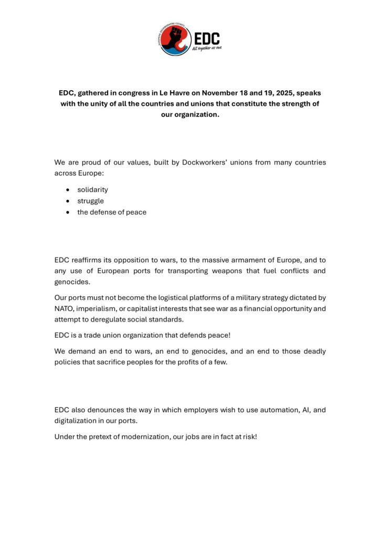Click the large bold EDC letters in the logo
[206, 38]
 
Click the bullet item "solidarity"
[92, 189]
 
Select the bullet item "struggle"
[90, 201]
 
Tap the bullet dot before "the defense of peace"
[67, 212]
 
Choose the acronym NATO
[65, 308]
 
